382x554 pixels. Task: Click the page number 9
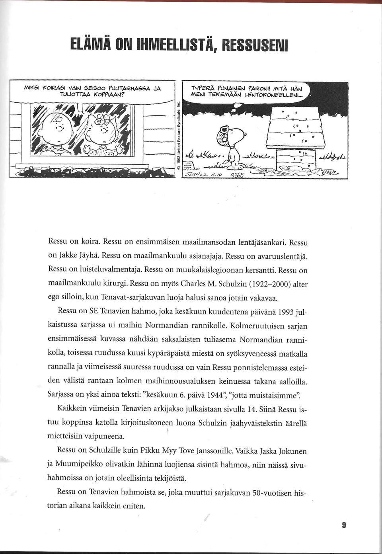(344, 525)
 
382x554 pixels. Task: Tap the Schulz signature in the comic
(197, 174)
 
